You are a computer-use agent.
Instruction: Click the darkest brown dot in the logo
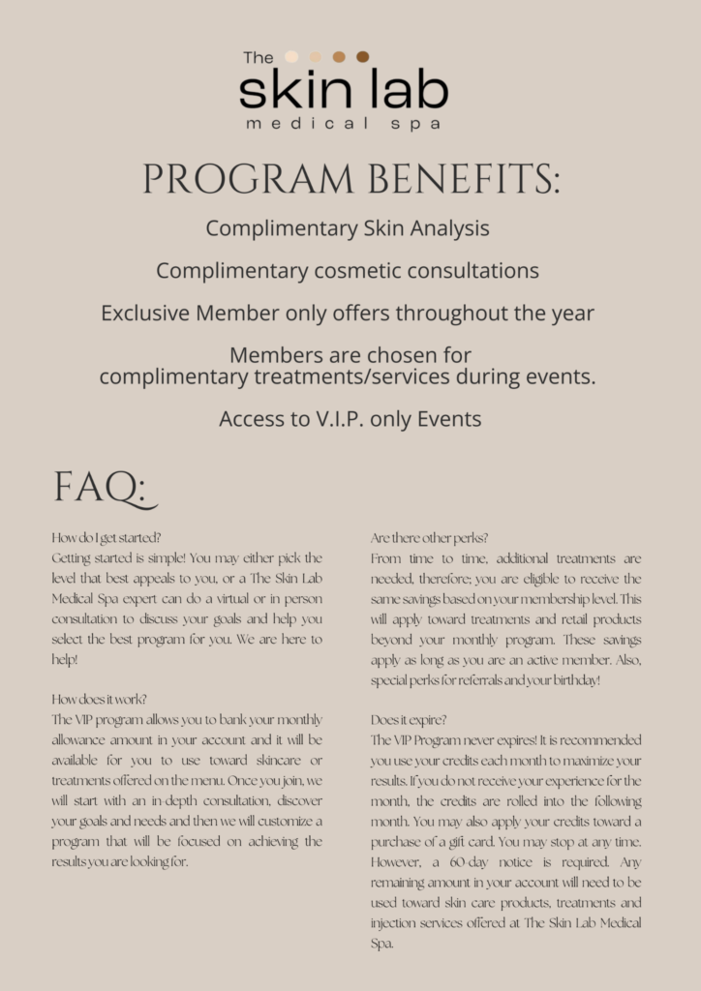[362, 57]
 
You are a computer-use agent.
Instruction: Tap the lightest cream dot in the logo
[291, 57]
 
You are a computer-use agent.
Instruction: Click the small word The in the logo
[259, 58]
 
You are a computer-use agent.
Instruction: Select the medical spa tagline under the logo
[344, 124]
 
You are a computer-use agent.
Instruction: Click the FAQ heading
[103, 487]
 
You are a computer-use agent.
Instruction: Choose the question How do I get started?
[107, 538]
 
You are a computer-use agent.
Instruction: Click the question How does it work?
[99, 700]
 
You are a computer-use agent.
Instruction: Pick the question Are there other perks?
[429, 538]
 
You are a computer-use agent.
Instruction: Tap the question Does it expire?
[409, 720]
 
